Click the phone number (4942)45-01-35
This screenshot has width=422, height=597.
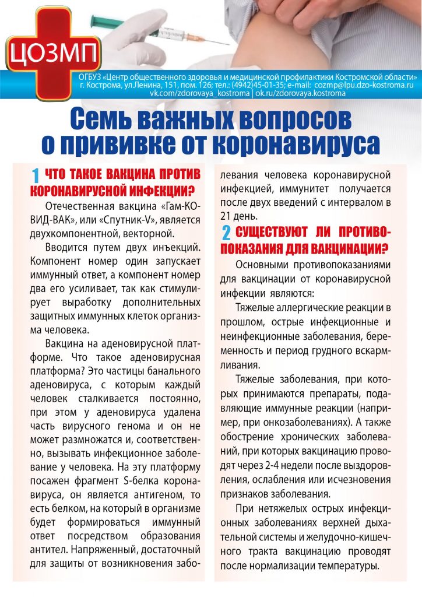point(273,85)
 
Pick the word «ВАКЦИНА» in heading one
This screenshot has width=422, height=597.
point(122,175)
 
